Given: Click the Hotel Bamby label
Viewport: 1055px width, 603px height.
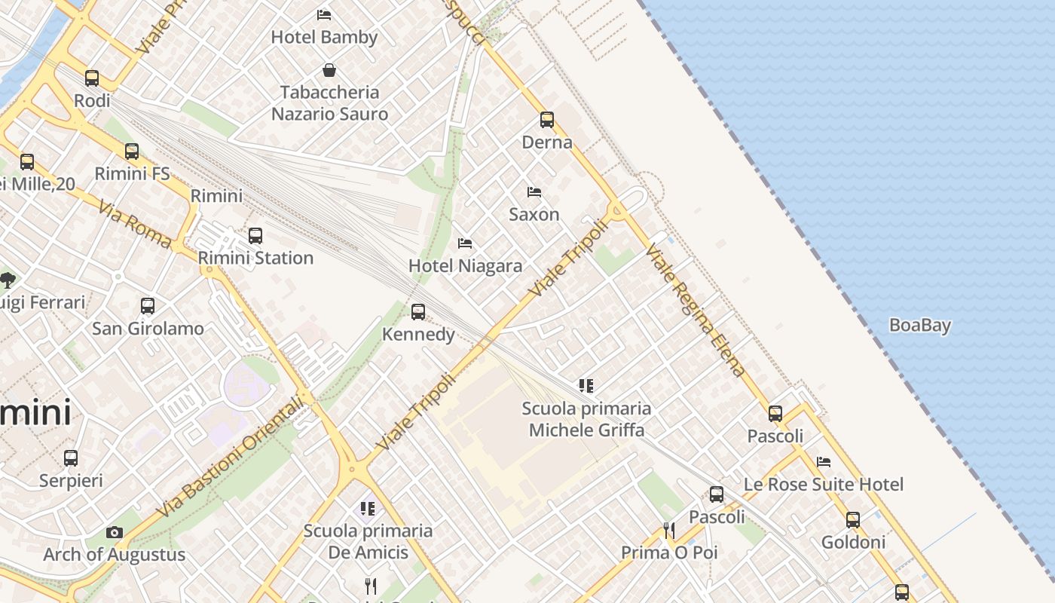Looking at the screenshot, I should [324, 37].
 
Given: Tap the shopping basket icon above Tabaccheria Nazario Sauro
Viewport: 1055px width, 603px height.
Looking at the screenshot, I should [329, 71].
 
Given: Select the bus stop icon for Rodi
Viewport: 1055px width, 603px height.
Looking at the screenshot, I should [92, 78].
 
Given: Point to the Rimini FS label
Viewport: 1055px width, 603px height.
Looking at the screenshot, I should [133, 173].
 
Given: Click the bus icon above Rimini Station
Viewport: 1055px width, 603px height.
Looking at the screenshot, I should [255, 236].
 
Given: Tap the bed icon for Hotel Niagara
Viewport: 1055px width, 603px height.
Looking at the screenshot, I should [465, 243].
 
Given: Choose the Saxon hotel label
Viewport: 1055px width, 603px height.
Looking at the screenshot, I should [534, 214].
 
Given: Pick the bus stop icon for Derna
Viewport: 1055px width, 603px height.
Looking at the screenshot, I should [547, 120].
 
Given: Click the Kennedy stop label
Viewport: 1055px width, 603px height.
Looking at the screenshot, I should [418, 334].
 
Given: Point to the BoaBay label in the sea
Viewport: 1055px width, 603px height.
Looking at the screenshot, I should [920, 326].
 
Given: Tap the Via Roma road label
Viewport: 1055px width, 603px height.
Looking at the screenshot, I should [135, 223].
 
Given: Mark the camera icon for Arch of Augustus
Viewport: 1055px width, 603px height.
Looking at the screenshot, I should [115, 533].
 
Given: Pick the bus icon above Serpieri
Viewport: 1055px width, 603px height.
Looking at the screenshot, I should [71, 458].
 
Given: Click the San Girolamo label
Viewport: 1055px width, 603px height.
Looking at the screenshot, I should [148, 329].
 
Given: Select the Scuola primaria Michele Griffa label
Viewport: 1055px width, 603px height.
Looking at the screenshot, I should [586, 419].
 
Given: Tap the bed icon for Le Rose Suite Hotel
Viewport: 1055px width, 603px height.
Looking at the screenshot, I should [824, 462].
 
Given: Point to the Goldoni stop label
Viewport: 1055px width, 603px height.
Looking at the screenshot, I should [853, 542].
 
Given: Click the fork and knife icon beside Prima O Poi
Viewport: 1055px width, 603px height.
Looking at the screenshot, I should [668, 531].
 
